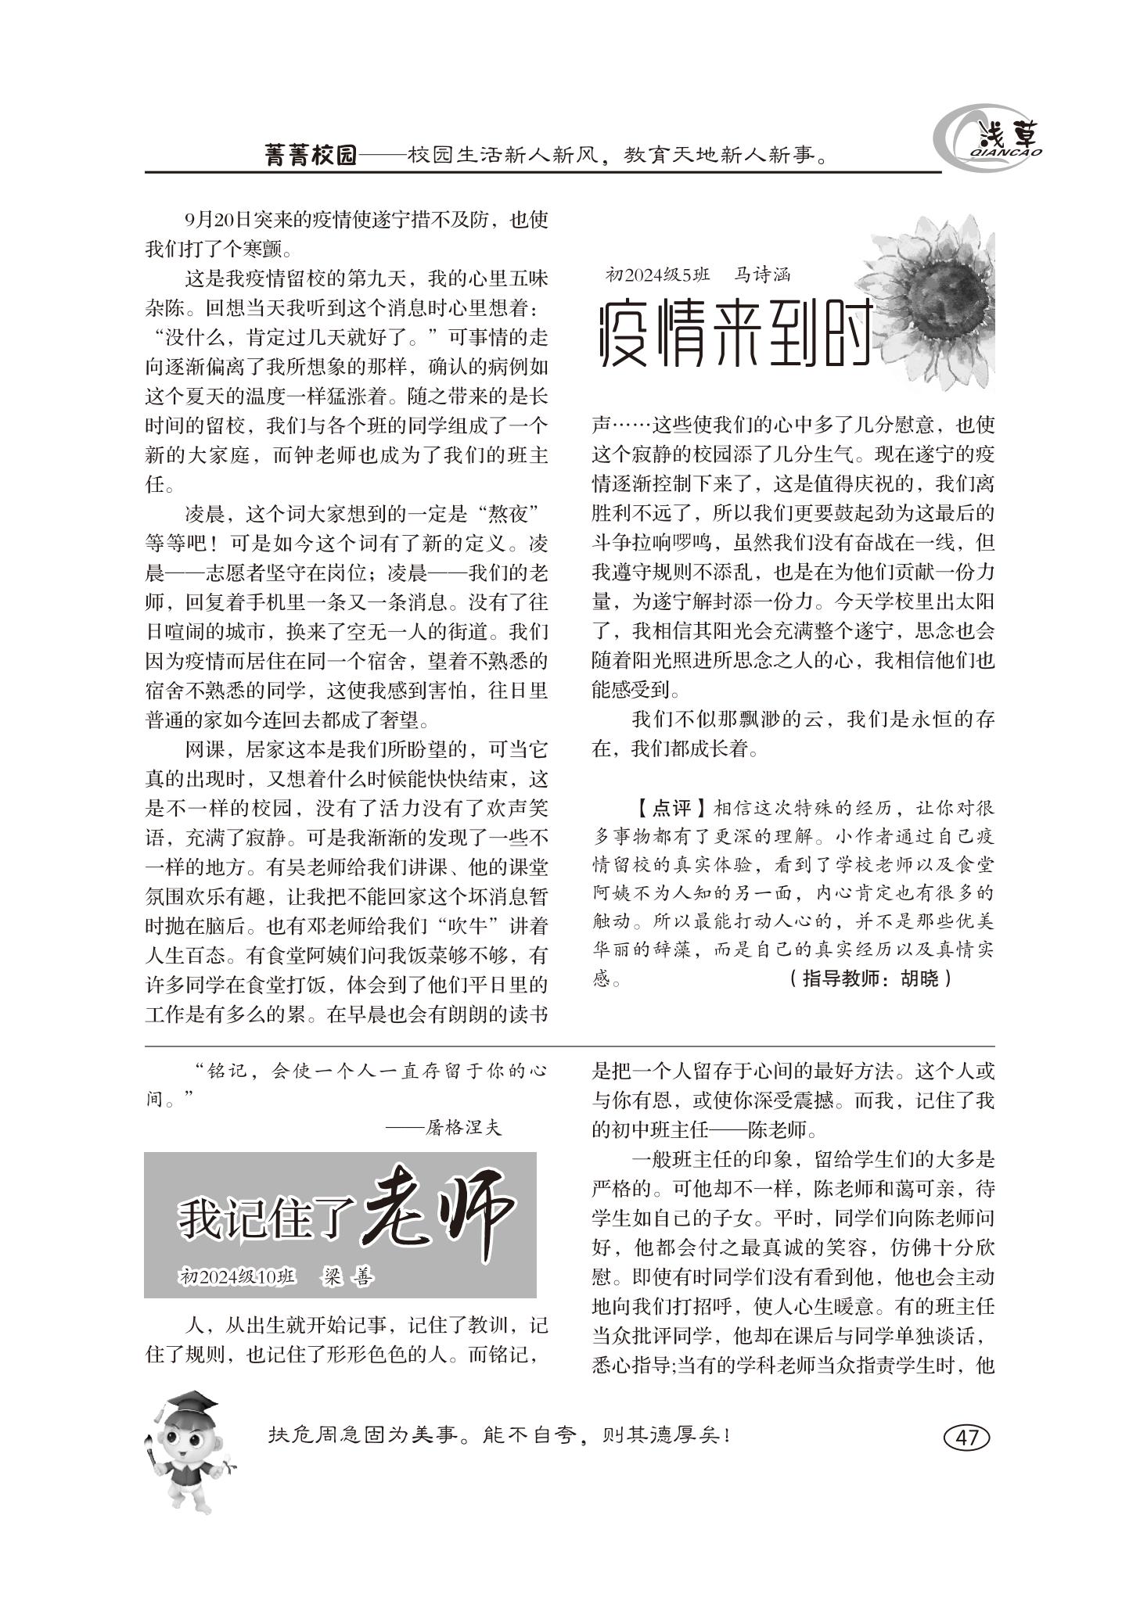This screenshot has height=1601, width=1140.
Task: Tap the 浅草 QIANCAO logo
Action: pos(989,142)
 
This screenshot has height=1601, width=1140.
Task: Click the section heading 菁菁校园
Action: pos(310,155)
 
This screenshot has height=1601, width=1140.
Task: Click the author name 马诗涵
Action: pos(762,275)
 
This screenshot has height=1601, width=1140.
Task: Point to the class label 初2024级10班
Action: pos(238,1277)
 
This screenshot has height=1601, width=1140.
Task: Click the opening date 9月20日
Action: pos(207,220)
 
